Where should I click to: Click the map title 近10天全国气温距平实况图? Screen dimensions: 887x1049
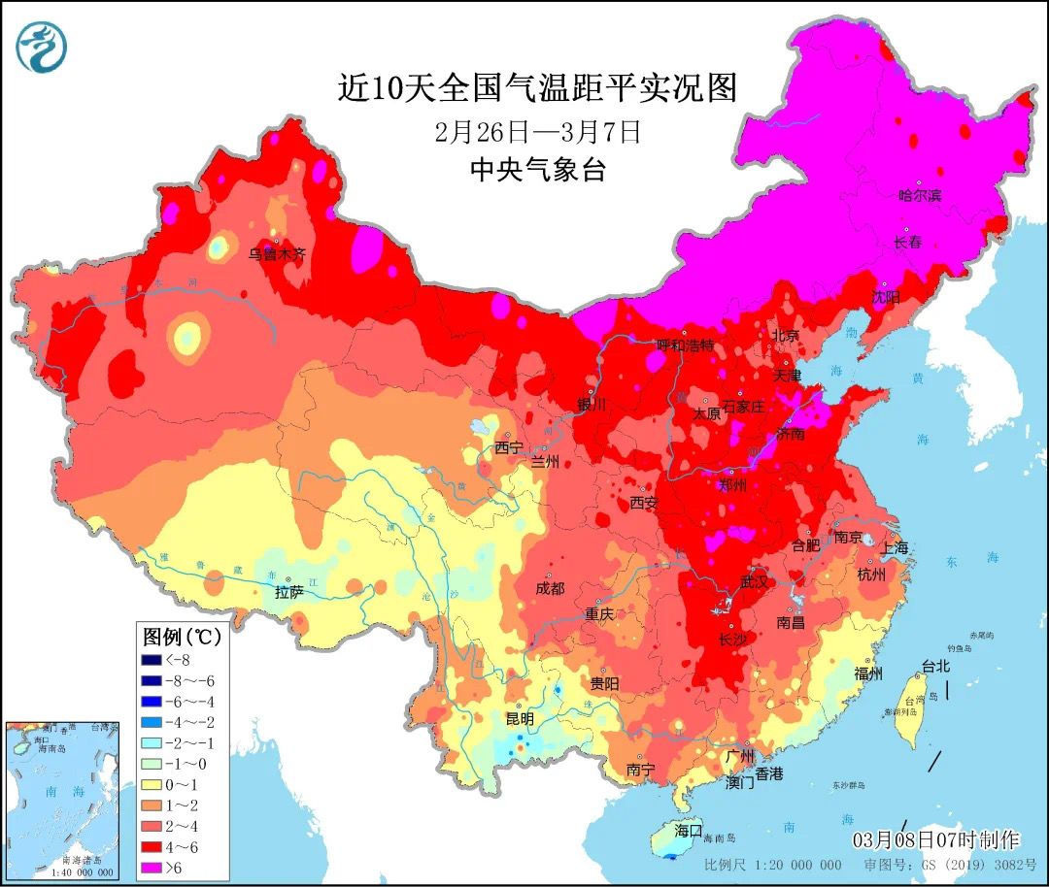[x=537, y=88]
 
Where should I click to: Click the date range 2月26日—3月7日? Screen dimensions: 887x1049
[x=538, y=131]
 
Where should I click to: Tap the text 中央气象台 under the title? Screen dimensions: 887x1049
[x=537, y=171]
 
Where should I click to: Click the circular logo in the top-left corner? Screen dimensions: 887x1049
[x=42, y=48]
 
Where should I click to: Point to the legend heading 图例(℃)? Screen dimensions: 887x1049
[x=182, y=638]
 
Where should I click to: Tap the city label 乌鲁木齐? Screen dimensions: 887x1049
[x=277, y=254]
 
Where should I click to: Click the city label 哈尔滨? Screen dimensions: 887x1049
[x=919, y=195]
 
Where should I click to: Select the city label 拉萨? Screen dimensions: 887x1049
[x=289, y=592]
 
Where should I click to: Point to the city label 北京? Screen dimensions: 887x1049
[x=785, y=336]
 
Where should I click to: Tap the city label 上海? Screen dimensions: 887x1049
[x=896, y=547]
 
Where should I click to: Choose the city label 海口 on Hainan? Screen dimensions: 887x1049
[x=688, y=831]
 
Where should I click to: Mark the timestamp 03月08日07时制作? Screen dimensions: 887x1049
[x=935, y=838]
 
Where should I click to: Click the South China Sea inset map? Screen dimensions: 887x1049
[x=62, y=800]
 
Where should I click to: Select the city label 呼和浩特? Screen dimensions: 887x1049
[x=685, y=345]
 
